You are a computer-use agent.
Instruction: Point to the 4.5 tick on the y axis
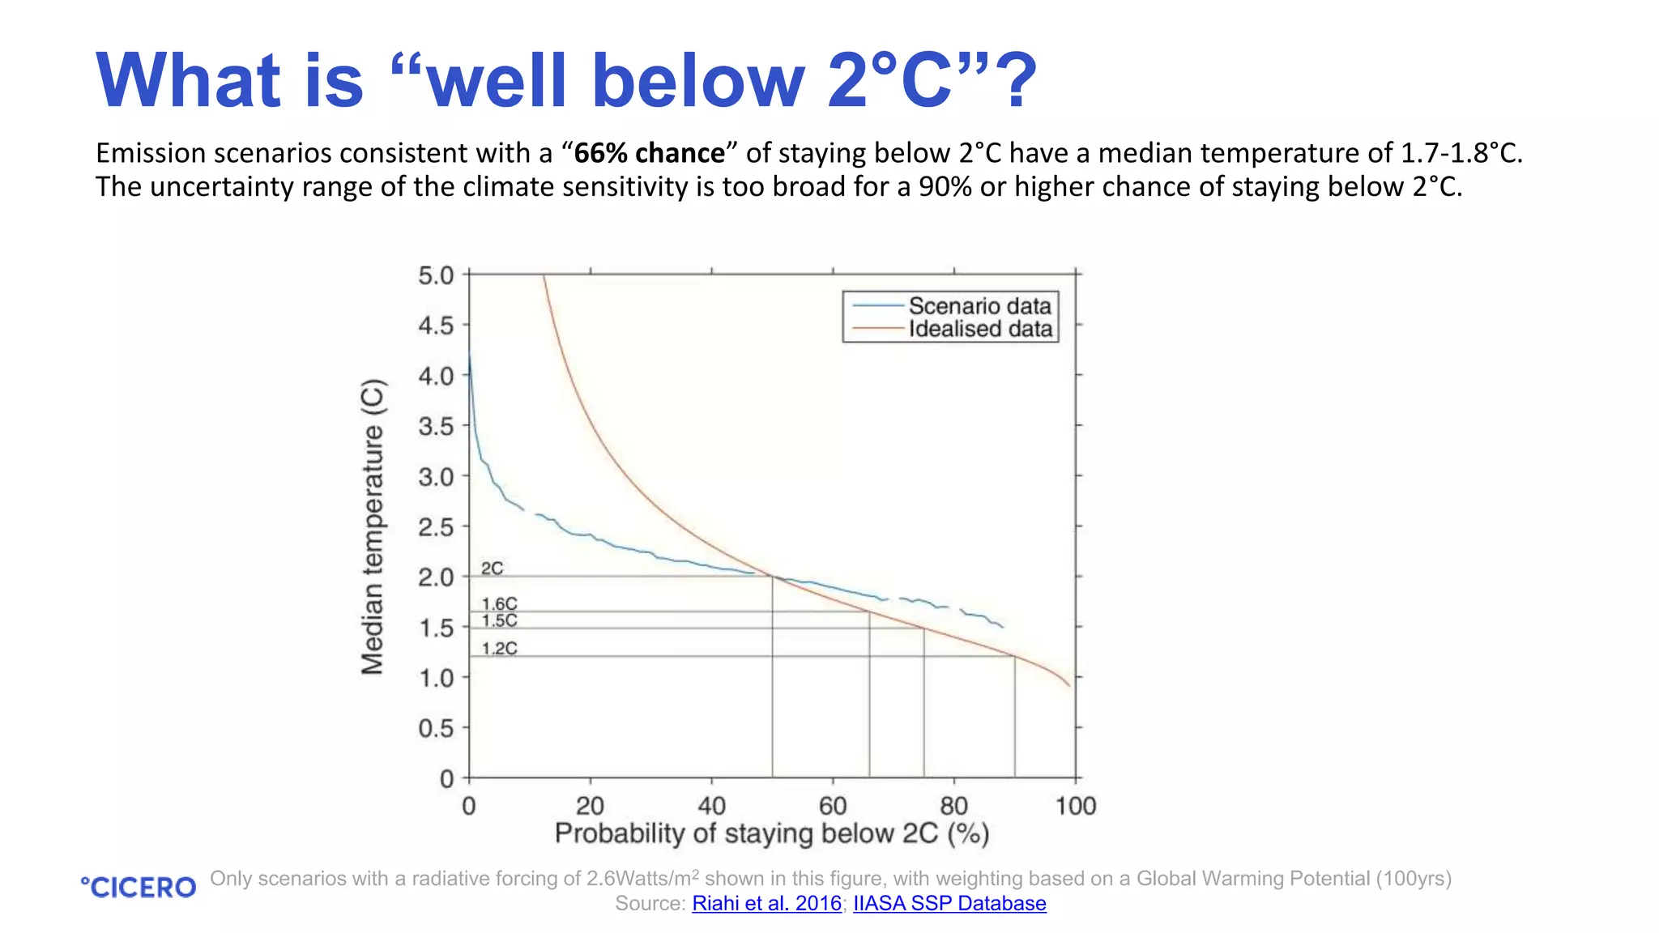pos(436,326)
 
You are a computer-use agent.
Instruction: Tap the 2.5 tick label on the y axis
pos(436,527)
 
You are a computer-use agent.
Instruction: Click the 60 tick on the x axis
pos(833,806)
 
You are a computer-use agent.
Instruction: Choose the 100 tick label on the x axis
pos(1075,806)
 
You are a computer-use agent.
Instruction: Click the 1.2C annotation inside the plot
pos(499,648)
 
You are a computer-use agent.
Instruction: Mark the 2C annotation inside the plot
pos(492,569)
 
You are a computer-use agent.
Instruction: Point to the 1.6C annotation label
pos(499,604)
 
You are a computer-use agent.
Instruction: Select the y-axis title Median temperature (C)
pos(373,526)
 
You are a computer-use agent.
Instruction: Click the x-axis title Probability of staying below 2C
pos(771,833)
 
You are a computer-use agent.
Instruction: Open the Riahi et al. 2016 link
pos(766,903)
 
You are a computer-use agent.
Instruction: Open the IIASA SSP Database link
pos(949,903)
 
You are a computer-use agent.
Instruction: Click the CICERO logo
pos(139,888)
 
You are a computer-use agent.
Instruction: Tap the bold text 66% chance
pos(649,153)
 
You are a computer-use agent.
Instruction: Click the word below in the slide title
pos(697,80)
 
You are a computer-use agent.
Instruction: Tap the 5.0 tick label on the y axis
pos(436,275)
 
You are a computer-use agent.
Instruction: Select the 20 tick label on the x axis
pos(590,806)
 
